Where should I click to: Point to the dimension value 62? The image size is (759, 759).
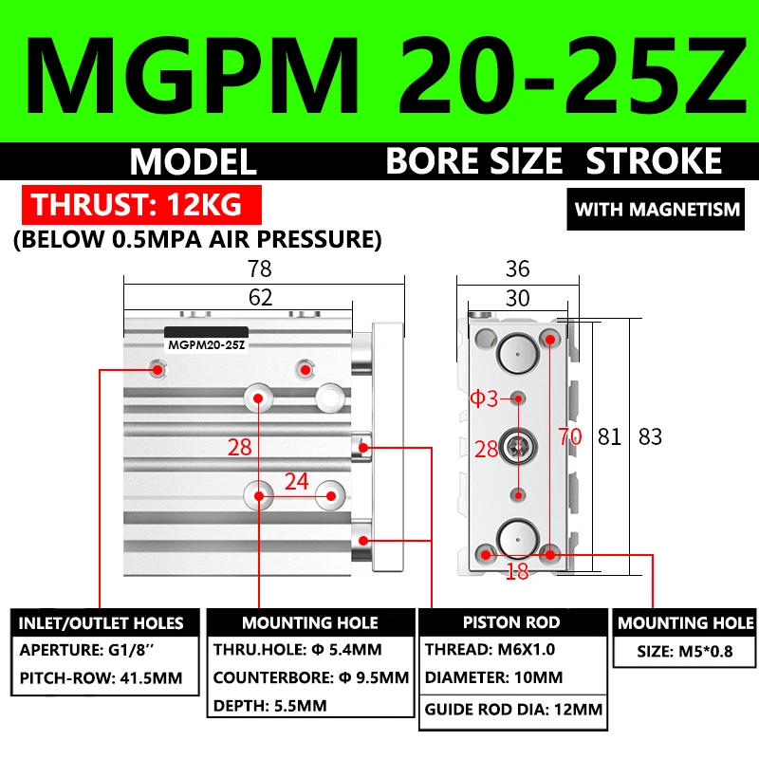tap(260, 297)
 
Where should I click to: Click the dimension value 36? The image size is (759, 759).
tap(517, 268)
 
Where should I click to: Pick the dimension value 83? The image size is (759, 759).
tap(650, 436)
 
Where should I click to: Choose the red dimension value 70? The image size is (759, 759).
tap(569, 436)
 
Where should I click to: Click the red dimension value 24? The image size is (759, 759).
tap(297, 481)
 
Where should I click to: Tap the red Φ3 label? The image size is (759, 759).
tap(484, 398)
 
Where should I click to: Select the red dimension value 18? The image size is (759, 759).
tap(516, 570)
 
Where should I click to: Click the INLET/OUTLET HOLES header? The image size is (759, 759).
tap(101, 623)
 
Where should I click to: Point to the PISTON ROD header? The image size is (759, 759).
tap(511, 622)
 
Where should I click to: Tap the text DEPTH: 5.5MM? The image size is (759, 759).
tap(269, 706)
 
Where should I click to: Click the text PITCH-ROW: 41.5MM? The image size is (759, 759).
tap(100, 680)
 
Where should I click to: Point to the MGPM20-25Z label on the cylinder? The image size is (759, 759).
tap(206, 345)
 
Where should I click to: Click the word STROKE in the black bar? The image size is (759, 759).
tap(655, 161)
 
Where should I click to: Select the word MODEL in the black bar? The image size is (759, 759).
tap(194, 161)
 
